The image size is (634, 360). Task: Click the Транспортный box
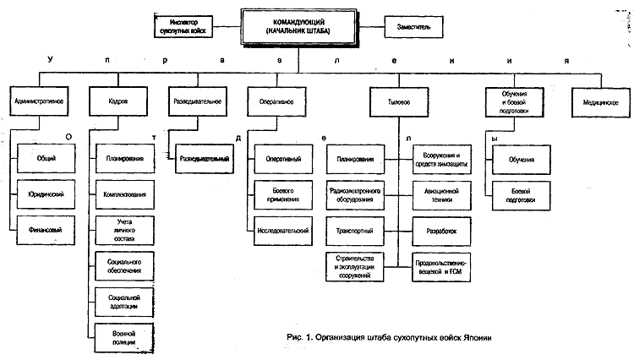pos(357,229)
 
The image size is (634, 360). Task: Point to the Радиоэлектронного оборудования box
pos(357,195)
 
